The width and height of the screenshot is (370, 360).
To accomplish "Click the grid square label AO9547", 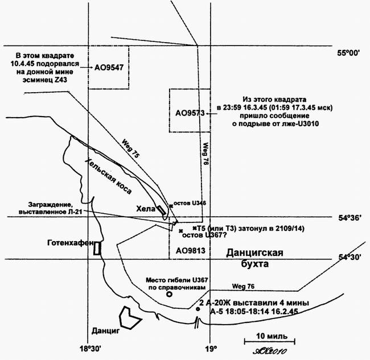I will [x=109, y=67].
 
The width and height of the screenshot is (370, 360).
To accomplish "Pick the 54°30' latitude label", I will [x=350, y=257].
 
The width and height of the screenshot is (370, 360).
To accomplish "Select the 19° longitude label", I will [x=211, y=348].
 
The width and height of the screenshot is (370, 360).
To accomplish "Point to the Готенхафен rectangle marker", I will [x=97, y=248].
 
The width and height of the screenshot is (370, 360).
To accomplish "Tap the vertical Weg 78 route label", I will [x=206, y=153].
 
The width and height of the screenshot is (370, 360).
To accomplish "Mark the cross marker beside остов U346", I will [x=169, y=205].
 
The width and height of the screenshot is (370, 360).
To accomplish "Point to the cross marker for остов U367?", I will [x=181, y=231].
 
